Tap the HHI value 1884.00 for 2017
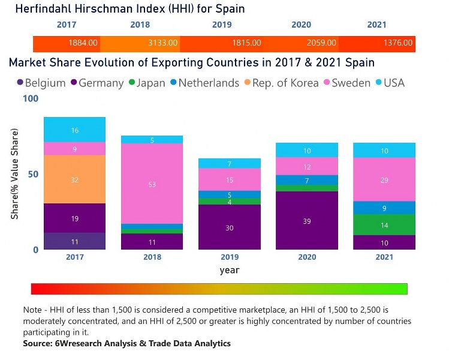tap(83, 43)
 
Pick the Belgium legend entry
tap(41, 83)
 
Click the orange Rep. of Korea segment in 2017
tap(75, 179)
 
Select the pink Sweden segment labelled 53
tap(152, 184)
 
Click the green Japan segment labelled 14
tap(384, 225)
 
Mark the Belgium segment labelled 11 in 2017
tap(75, 241)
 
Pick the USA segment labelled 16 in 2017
tap(75, 130)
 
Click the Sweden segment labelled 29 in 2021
tap(384, 179)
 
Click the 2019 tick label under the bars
tap(229, 257)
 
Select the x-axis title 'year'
tap(229, 270)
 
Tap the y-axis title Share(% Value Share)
tap(14, 173)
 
